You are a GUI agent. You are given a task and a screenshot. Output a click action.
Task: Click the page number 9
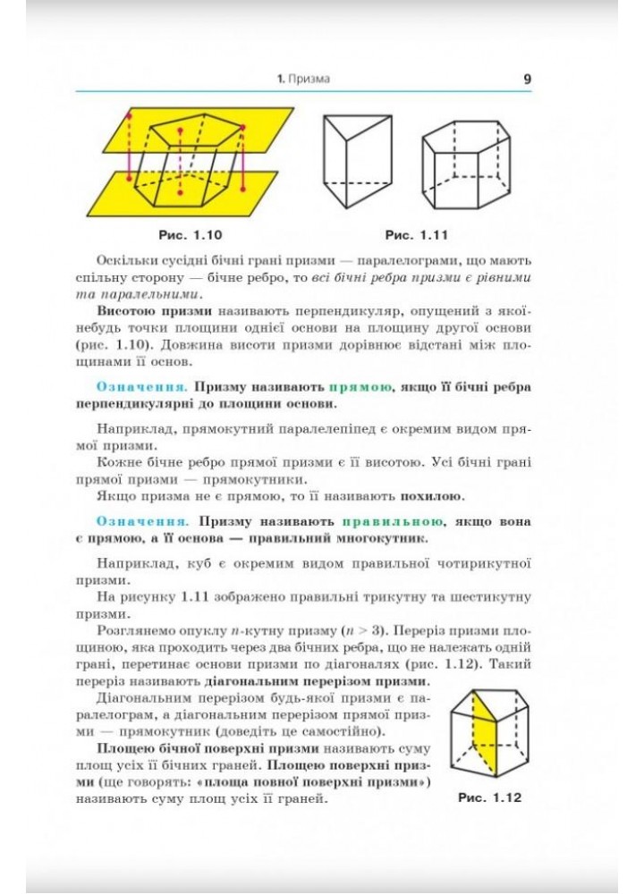tap(527, 79)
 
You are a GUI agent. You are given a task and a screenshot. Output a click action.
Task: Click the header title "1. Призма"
tap(303, 80)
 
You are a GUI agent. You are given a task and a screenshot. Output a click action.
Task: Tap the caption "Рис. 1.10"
tap(189, 235)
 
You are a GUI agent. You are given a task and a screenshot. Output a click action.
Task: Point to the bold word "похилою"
tap(436, 495)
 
